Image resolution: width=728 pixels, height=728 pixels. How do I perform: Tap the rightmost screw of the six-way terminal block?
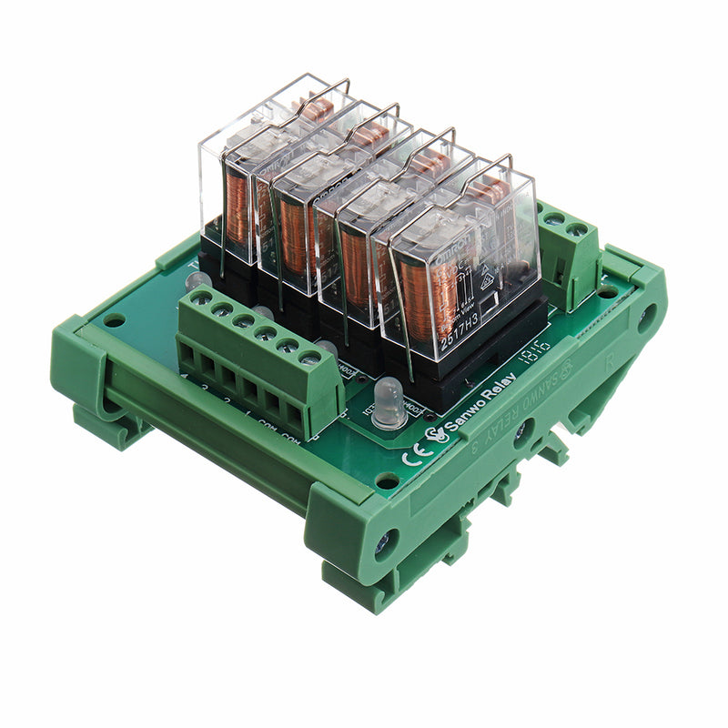tap(309, 359)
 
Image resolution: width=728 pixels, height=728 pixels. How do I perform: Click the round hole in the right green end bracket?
tap(647, 318)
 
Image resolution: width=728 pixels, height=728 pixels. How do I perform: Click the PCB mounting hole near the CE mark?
tap(387, 480)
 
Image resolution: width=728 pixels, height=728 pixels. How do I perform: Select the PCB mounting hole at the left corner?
tap(115, 321)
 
